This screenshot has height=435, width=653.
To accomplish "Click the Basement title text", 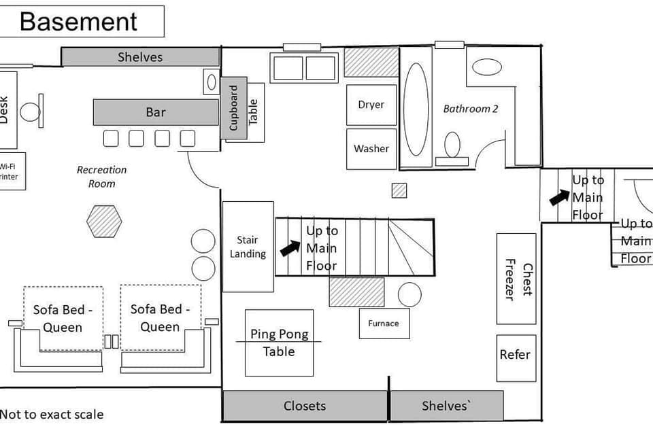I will click(78, 21).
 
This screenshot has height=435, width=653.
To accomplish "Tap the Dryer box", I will click(371, 105).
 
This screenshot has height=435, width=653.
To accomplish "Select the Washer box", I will click(371, 149).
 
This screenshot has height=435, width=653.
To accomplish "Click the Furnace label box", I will click(384, 324).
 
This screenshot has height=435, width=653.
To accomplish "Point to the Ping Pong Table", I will click(279, 343).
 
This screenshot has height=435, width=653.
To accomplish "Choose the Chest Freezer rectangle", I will click(516, 279).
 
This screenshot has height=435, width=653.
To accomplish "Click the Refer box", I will click(515, 355).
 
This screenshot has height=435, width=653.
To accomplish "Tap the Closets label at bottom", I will click(304, 406).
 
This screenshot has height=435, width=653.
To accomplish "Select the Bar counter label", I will click(156, 112).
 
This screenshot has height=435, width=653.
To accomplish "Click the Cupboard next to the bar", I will click(233, 108).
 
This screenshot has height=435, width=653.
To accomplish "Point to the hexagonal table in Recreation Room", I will click(104, 222).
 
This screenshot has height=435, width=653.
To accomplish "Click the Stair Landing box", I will click(248, 247).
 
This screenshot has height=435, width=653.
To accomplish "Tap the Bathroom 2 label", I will click(471, 109).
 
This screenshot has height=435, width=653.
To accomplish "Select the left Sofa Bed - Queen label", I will click(63, 318).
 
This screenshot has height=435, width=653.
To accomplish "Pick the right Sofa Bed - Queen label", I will click(160, 318).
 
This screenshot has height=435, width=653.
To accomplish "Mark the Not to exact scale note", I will click(52, 414).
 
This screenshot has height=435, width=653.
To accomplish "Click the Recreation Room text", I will click(101, 177).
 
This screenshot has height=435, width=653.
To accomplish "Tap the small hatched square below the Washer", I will click(399, 191).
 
